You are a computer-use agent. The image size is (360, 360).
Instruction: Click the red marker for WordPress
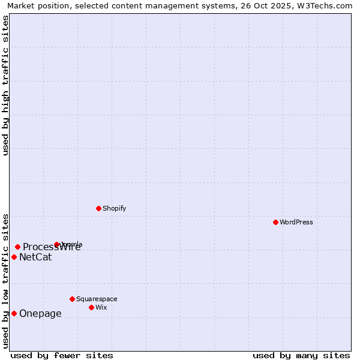click(275, 222)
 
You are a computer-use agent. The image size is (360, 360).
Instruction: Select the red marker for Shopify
click(98, 208)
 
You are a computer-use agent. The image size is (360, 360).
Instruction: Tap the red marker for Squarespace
click(72, 299)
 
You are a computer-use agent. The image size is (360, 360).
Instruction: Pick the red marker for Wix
click(91, 307)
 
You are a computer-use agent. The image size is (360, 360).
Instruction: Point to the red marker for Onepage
click(14, 313)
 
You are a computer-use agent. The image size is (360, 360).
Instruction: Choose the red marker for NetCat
click(14, 257)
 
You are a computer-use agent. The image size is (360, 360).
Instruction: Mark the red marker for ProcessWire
click(17, 247)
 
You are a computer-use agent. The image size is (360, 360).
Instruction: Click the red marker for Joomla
click(56, 244)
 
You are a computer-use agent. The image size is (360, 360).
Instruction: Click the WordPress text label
click(296, 222)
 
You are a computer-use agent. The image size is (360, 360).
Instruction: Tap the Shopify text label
click(114, 208)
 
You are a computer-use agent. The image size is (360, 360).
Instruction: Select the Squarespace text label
click(97, 299)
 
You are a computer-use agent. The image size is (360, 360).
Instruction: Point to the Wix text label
click(101, 307)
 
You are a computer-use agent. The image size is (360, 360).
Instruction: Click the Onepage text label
click(40, 313)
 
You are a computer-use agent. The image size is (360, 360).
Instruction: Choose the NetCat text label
click(35, 257)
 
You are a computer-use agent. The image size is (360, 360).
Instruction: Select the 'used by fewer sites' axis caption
click(62, 355)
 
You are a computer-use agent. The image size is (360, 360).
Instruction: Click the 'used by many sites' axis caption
click(301, 355)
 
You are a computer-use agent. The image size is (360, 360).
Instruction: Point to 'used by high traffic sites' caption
click(5, 85)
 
